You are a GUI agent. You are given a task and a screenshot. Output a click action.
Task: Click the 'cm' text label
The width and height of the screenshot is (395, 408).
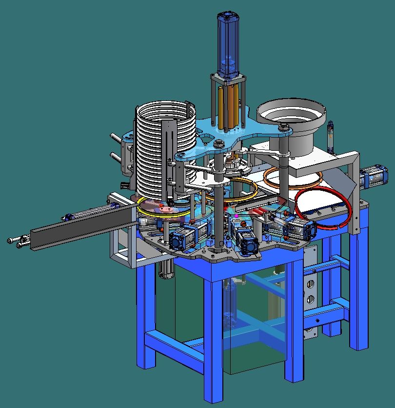pyautogui.click(x=236, y=221)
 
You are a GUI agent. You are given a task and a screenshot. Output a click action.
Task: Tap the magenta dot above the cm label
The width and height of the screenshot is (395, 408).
pyautogui.click(x=237, y=216)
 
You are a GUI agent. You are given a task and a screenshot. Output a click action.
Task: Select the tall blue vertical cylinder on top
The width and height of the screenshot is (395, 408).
pyautogui.click(x=228, y=45)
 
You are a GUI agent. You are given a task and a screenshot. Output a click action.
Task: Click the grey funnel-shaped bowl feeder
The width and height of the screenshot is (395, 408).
pyautogui.click(x=291, y=125)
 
